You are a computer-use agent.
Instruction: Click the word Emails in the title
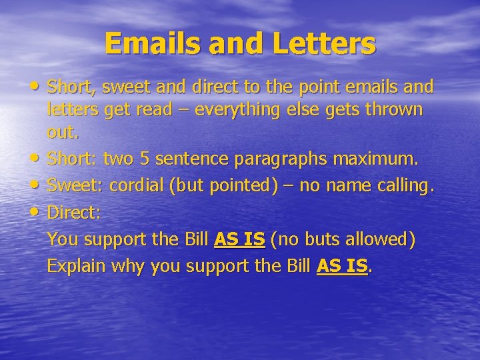click(x=150, y=44)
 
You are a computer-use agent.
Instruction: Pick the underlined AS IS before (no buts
click(x=239, y=239)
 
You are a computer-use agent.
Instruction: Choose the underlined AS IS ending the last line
click(x=342, y=266)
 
